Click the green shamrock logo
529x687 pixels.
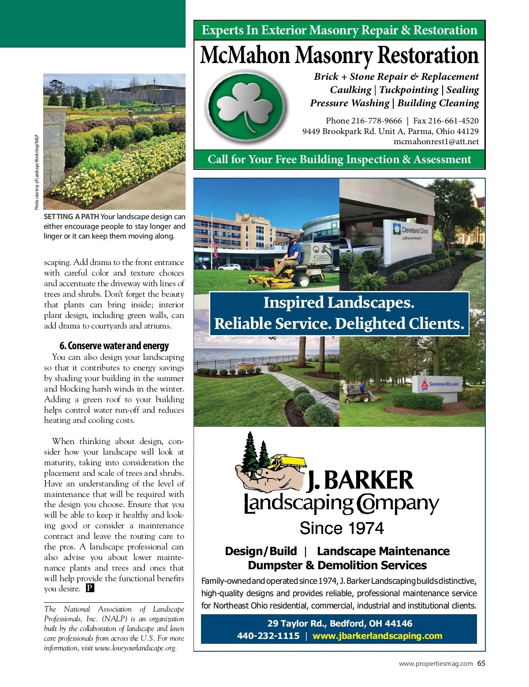[247, 107]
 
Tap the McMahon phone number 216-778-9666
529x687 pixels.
[376, 121]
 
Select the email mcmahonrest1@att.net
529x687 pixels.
[436, 142]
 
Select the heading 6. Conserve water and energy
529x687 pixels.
[114, 346]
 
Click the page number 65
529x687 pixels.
[481, 663]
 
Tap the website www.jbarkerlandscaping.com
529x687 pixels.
[377, 636]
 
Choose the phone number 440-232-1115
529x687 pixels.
[268, 636]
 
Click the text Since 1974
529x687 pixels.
[342, 528]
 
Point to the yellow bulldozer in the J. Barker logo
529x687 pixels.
[287, 462]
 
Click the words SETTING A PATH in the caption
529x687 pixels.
[71, 217]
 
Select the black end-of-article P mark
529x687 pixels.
[90, 588]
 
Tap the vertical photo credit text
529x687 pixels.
[37, 172]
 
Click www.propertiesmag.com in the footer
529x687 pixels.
[436, 664]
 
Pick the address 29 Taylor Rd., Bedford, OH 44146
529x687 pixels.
[339, 624]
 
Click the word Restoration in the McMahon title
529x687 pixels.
[428, 56]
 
